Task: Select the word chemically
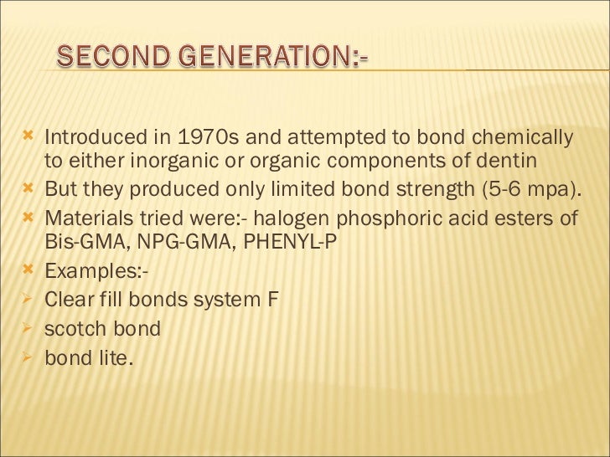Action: coord(521,137)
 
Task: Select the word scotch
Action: coord(77,329)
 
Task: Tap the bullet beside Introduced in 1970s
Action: coord(30,136)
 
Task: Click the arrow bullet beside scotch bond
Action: coord(30,327)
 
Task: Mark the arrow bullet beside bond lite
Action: coord(30,357)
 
